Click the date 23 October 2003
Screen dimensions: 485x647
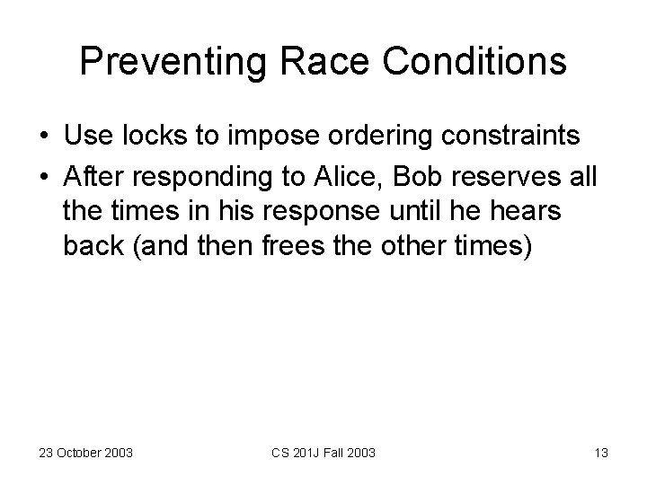pos(85,453)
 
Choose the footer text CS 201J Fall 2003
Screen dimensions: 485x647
pos(325,453)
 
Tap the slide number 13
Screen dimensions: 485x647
pos(600,453)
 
